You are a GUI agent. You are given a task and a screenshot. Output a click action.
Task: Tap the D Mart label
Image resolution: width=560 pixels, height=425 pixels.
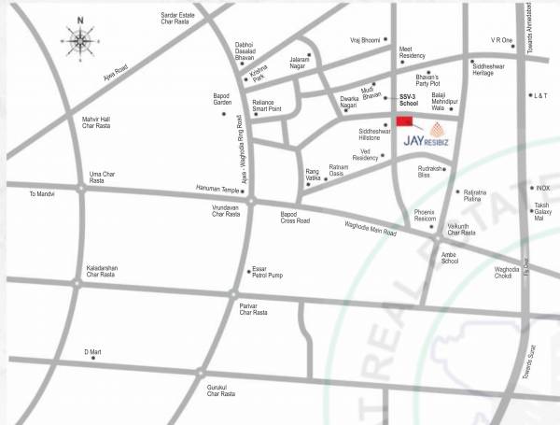(x=91, y=352)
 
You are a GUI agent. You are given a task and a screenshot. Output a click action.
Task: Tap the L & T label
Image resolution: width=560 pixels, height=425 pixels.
(x=541, y=95)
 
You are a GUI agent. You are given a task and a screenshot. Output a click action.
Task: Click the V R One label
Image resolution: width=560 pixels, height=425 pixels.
(x=502, y=41)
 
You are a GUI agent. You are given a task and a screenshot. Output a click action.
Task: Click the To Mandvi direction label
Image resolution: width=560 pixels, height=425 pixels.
(x=45, y=194)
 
